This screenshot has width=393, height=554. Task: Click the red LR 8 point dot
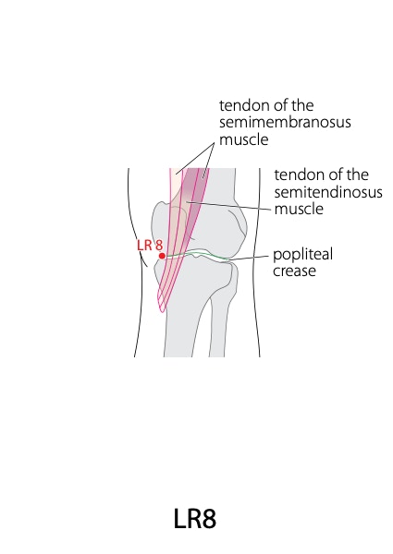coord(162,256)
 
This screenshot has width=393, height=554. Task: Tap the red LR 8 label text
coord(150,246)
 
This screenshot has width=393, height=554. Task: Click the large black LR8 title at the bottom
coord(195,519)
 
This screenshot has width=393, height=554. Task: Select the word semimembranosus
coord(285,122)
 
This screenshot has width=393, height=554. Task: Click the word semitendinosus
coord(328,192)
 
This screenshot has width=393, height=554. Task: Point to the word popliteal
coord(302,255)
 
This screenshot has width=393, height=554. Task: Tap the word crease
coord(294,271)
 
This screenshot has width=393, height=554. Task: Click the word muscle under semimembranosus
coord(244,139)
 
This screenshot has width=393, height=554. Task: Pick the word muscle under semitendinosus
coord(299,209)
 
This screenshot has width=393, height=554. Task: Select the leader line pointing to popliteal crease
coord(249,258)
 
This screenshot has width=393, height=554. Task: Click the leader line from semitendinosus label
coord(229,206)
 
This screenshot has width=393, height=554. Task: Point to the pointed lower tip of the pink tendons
coord(162,312)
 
